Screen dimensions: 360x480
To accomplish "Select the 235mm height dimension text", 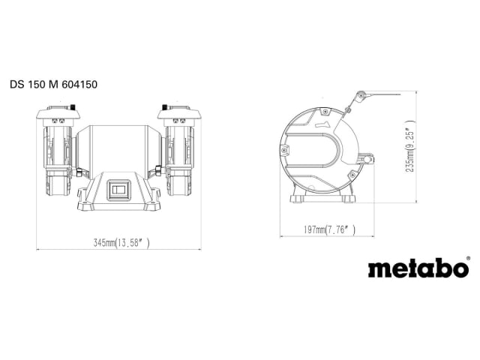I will pyautogui.click(x=409, y=151).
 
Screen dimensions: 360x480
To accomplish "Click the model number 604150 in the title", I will pyautogui.click(x=77, y=85).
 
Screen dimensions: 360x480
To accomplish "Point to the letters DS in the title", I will pyautogui.click(x=17, y=85).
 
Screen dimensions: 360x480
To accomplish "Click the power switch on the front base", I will pyautogui.click(x=119, y=190).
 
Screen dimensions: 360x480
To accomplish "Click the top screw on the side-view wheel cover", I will pyautogui.click(x=325, y=111).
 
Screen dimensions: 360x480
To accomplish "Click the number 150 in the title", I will pyautogui.click(x=37, y=85).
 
